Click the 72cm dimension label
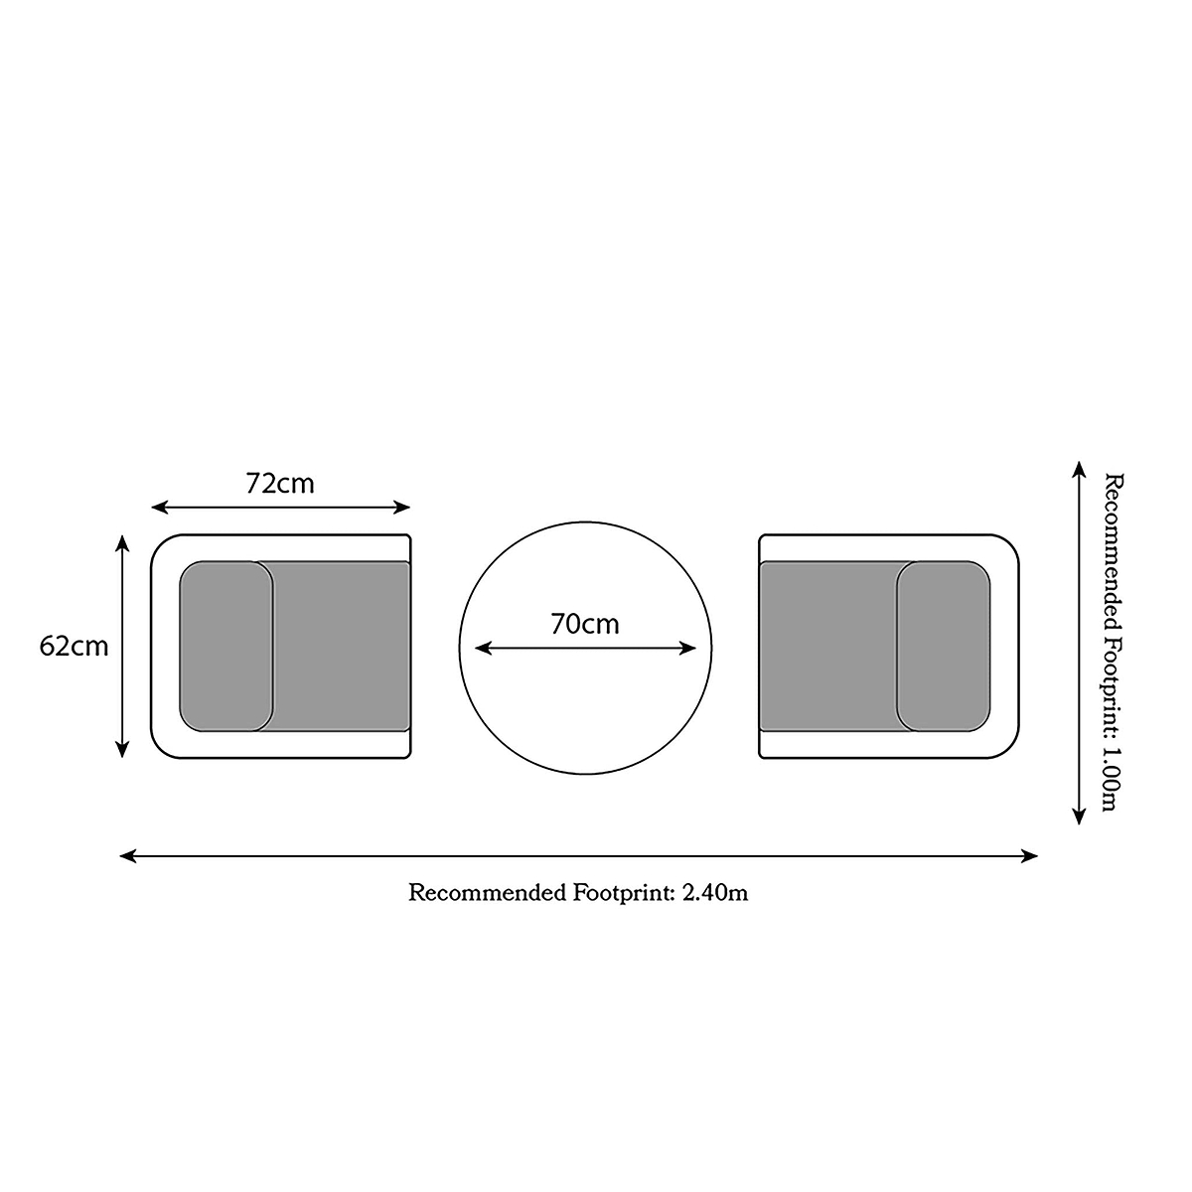pos(280,484)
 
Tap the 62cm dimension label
pos(74,647)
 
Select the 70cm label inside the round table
pos(584,624)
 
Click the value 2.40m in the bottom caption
pos(715,893)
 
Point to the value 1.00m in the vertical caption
pos(1113,779)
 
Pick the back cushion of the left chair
pos(225,646)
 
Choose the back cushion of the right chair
pos(943,646)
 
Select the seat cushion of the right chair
pos(836,646)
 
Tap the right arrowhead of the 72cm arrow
pos(402,508)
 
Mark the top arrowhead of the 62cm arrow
pos(122,543)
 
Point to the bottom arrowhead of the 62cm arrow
pos(122,749)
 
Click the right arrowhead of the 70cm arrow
pos(687,649)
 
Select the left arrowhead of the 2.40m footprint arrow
pos(127,856)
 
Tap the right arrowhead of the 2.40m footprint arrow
pos(1029,856)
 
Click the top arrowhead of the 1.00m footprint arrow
pos(1079,469)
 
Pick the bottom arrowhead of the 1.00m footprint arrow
pos(1079,817)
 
